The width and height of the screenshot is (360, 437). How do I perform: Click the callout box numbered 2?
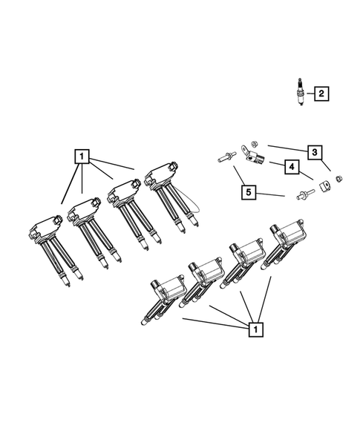[x=321, y=93]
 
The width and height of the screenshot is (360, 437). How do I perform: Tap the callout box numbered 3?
[x=315, y=153]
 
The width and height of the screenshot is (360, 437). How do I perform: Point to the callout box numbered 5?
[x=251, y=194]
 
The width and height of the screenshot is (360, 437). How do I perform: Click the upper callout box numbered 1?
[x=82, y=157]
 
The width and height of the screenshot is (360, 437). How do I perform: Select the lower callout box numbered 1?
[x=255, y=328]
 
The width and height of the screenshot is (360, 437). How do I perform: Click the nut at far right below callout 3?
[x=337, y=178]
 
